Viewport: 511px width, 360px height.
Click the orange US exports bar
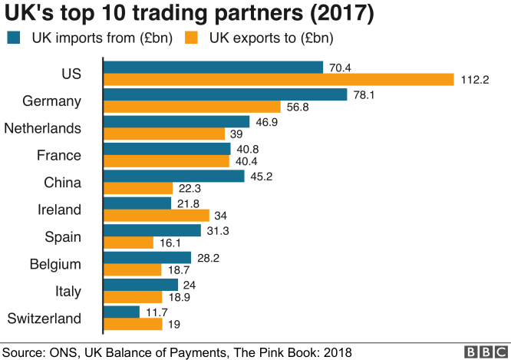click(279, 80)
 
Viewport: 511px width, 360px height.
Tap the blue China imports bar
click(173, 176)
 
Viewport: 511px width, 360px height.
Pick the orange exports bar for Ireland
click(145, 216)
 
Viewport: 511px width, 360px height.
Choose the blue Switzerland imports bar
click(121, 312)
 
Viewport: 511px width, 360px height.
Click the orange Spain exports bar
click(128, 243)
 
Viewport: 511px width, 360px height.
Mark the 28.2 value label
click(207, 257)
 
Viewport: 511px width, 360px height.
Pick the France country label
click(59, 155)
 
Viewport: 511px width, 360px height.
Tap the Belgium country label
click(55, 264)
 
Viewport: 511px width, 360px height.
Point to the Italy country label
click(67, 291)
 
